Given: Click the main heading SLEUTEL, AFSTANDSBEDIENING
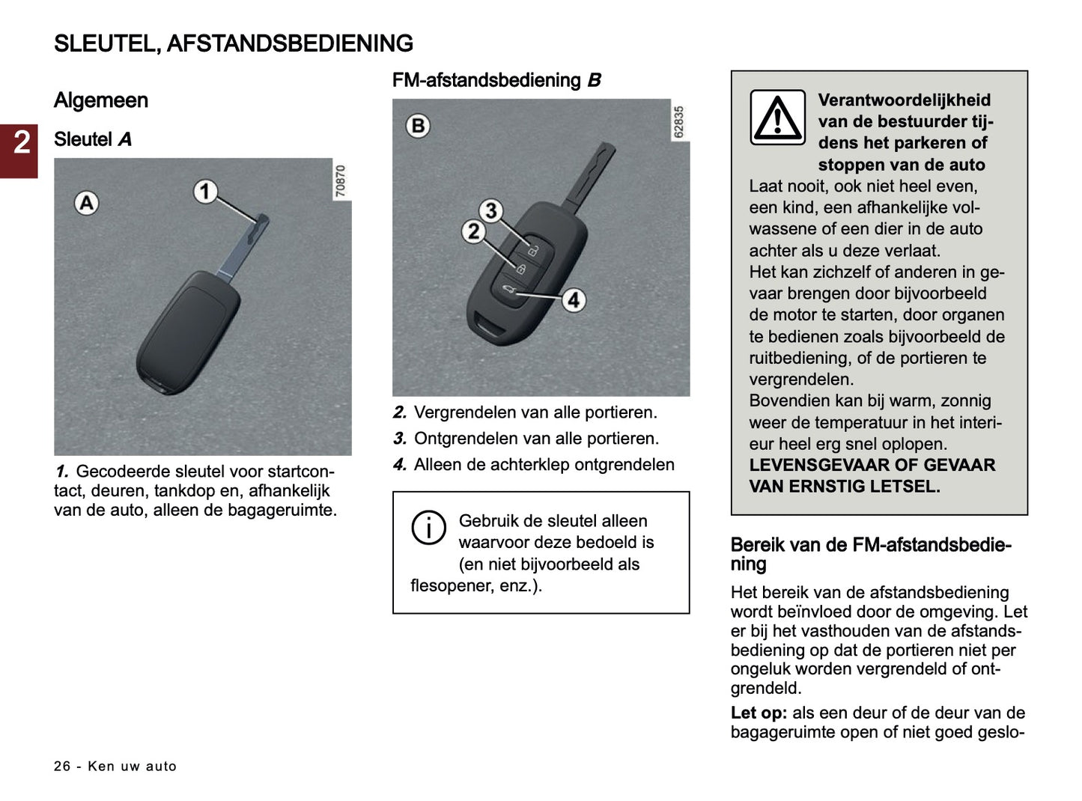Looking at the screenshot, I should coord(233,43).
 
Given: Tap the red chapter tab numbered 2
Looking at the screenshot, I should coord(19,142).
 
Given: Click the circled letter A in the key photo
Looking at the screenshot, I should coord(87,203).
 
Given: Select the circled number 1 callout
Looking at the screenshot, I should coord(205,192).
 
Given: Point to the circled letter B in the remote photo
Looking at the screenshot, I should coord(418,125).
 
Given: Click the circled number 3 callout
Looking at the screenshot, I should coord(490,211).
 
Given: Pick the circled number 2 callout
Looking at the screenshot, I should coord(473,232).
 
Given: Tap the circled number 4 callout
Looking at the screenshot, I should coord(574,300).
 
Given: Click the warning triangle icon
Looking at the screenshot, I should coord(777,118).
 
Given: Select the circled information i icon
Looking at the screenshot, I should coord(428,528).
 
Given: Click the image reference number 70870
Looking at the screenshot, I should coord(341,181).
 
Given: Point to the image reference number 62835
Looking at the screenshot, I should coord(678,122).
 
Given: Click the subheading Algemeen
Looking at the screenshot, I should coord(101,100).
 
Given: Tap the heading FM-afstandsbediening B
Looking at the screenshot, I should coord(496,80).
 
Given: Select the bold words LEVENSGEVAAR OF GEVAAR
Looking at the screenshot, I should coord(872,465).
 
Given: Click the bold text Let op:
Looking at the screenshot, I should coord(759,713).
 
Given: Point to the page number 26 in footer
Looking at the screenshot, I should coord(62,766).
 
